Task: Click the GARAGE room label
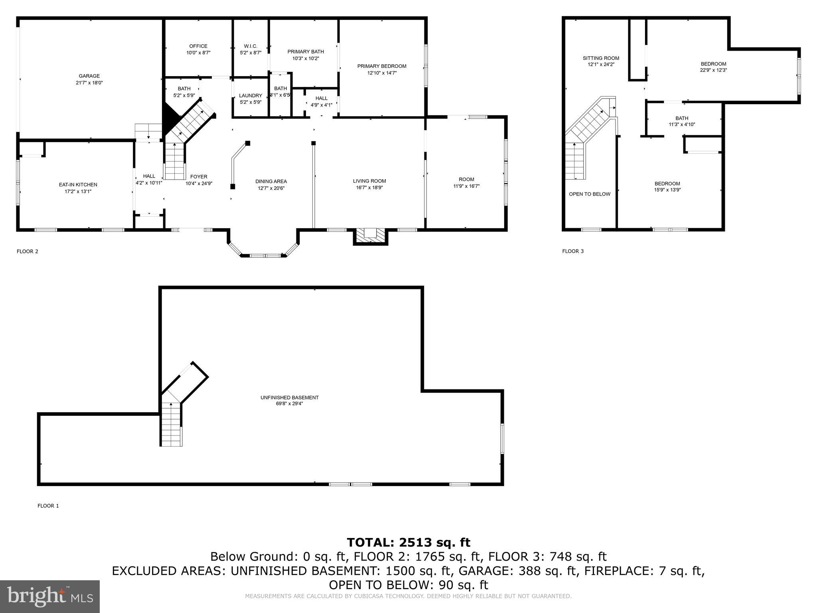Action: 89,76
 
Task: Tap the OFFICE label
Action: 198,46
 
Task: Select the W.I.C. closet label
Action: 251,46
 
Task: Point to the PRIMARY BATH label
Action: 306,51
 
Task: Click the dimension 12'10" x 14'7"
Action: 382,73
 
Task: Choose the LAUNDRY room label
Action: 251,95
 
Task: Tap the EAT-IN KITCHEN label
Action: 78,184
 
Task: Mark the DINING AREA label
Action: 271,181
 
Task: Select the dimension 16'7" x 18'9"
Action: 369,188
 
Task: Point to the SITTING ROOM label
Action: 601,58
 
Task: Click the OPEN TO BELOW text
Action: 589,194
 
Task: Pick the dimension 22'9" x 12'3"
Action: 713,70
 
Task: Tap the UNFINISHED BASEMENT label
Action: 289,397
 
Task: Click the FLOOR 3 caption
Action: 572,251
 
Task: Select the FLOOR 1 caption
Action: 48,506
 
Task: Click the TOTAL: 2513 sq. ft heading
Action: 408,542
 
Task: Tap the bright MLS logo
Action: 50,596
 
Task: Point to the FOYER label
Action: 199,176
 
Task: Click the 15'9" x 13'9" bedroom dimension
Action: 667,190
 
